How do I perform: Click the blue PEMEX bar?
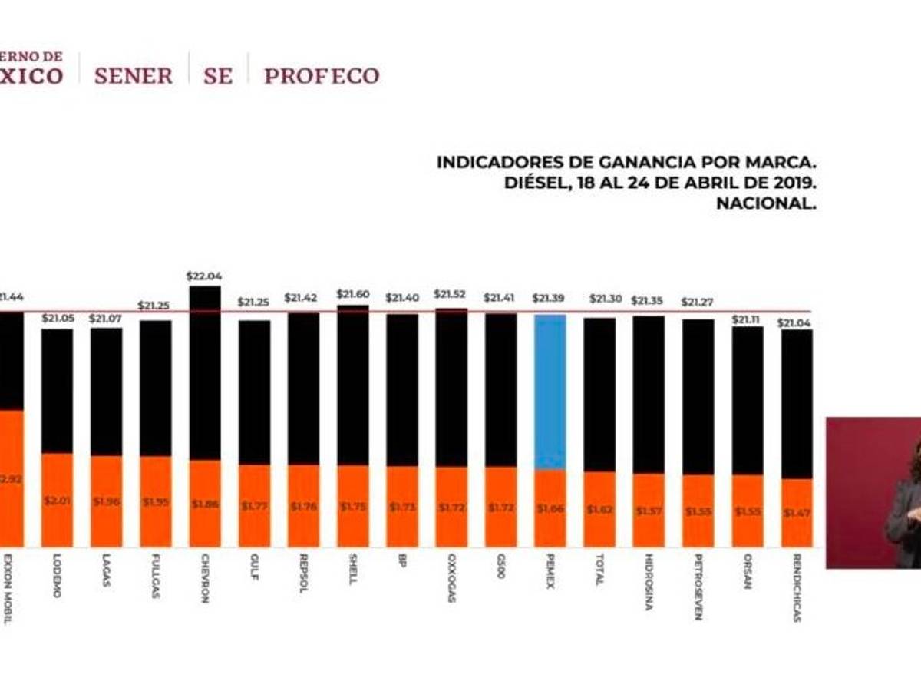tap(550, 392)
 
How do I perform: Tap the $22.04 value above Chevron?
tap(204, 276)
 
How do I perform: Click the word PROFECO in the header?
tap(322, 76)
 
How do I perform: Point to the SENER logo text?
tap(133, 76)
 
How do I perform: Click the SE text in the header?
tap(217, 76)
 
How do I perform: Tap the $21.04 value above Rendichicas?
tap(797, 322)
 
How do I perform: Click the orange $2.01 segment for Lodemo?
tap(57, 500)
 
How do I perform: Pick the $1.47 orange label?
tap(797, 511)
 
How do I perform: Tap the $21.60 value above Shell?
tap(352, 295)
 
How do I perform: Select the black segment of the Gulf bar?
tap(254, 392)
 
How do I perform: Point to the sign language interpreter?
tap(906, 499)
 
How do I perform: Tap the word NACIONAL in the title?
tap(765, 203)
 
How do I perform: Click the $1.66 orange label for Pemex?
tap(550, 509)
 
